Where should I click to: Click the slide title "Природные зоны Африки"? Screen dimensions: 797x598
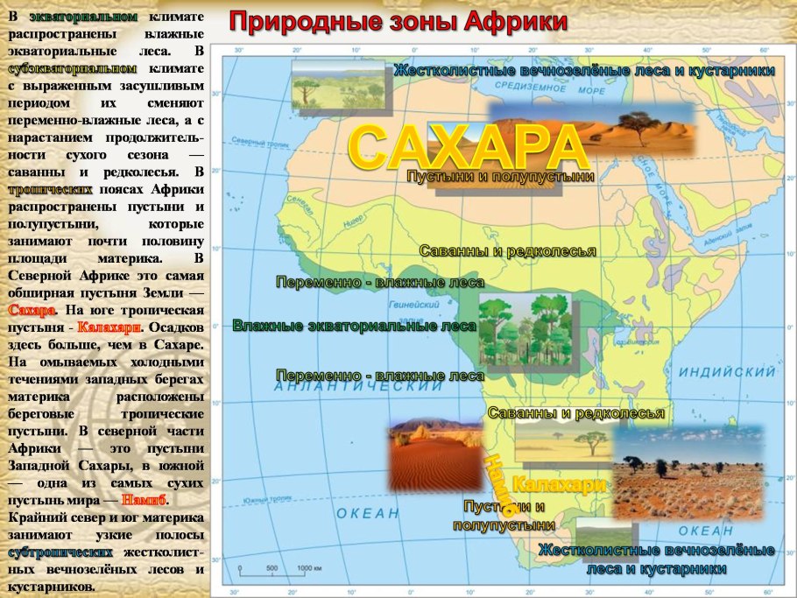(398, 20)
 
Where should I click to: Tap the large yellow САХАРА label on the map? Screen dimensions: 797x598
(467, 146)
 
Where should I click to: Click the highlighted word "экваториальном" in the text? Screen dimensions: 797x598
(83, 17)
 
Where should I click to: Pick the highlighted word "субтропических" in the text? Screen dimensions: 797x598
(60, 552)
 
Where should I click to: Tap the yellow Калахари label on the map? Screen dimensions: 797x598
(559, 484)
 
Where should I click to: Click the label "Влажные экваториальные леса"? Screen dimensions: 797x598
(354, 327)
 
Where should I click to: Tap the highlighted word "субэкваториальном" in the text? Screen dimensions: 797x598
(73, 67)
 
